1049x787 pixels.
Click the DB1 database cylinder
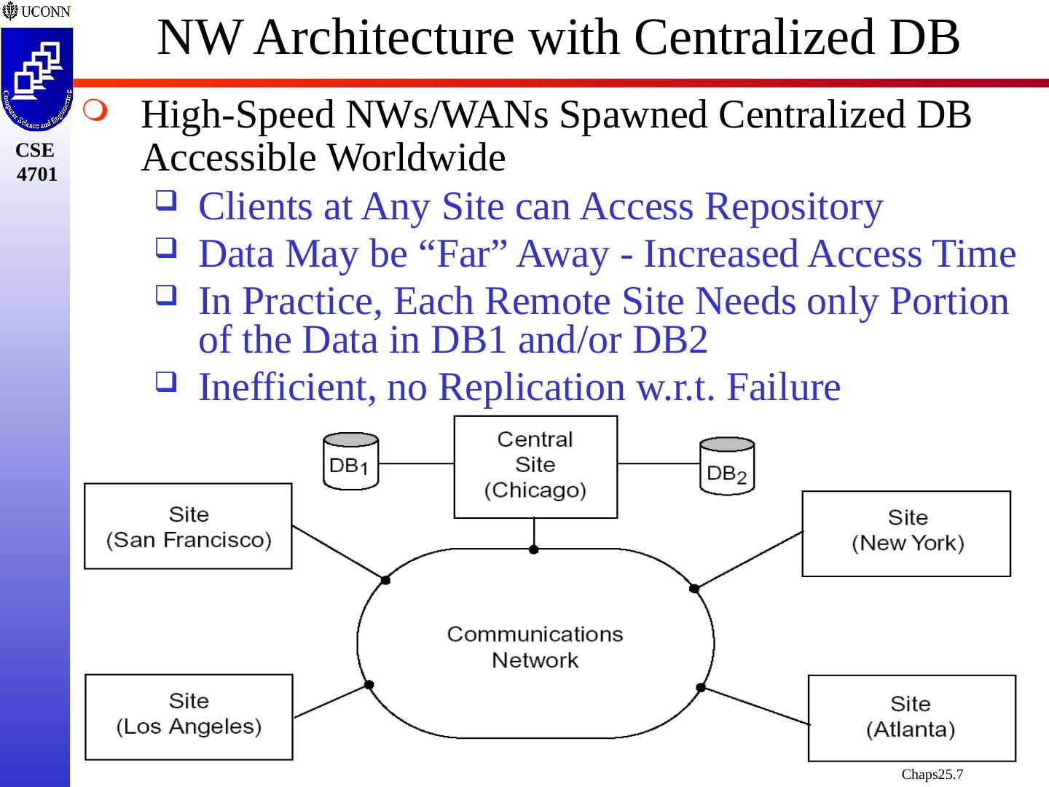click(x=350, y=461)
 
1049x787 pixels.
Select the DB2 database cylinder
click(x=727, y=466)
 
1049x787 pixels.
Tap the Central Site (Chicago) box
click(x=535, y=466)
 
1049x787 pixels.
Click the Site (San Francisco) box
click(x=188, y=526)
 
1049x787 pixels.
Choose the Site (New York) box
click(x=906, y=533)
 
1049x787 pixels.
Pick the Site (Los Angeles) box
click(x=189, y=717)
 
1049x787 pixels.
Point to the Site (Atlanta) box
click(x=911, y=718)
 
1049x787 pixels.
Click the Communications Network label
click(x=535, y=646)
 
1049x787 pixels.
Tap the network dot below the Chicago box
click(x=534, y=549)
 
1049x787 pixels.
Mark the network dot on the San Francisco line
click(x=385, y=580)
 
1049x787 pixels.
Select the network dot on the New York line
click(x=694, y=588)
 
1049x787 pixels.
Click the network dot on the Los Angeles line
click(x=369, y=684)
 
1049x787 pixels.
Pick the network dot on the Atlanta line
click(x=701, y=687)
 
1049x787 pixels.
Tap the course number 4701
click(x=36, y=174)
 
